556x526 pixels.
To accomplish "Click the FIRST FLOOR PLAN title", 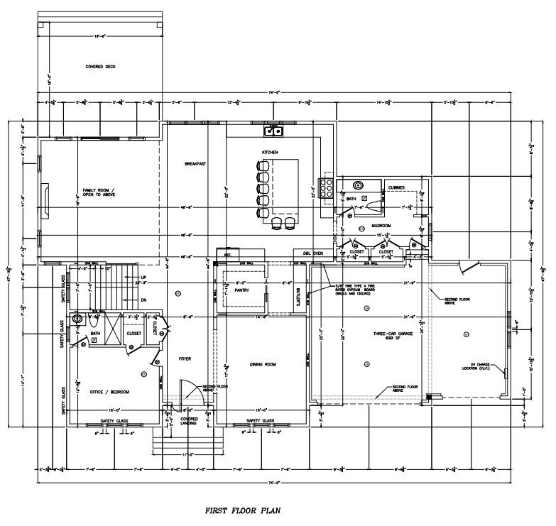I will pyautogui.click(x=243, y=510).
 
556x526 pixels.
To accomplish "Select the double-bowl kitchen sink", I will pyautogui.click(x=273, y=130).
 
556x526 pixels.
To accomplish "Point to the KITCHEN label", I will pyautogui.click(x=269, y=152).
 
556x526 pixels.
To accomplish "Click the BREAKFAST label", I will pyautogui.click(x=195, y=164).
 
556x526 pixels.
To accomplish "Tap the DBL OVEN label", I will pyautogui.click(x=313, y=253).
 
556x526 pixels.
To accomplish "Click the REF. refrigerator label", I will pyautogui.click(x=228, y=253).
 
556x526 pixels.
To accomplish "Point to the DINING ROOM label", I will pyautogui.click(x=262, y=364).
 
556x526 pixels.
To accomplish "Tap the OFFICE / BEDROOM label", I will pyautogui.click(x=109, y=391).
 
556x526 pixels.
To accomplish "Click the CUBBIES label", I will pyautogui.click(x=396, y=188).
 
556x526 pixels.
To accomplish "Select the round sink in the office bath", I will pyautogui.click(x=77, y=318).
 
